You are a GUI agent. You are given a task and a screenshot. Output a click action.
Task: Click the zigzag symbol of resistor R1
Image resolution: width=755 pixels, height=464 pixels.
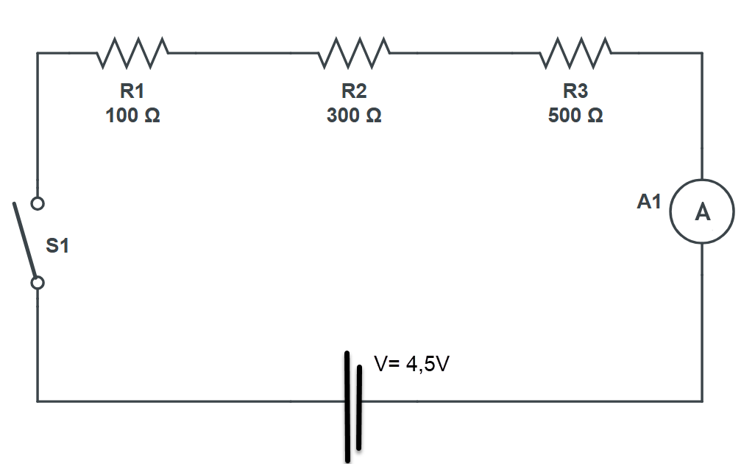pyautogui.click(x=133, y=53)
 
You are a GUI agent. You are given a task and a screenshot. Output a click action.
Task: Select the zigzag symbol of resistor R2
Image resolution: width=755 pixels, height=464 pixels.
pyautogui.click(x=354, y=53)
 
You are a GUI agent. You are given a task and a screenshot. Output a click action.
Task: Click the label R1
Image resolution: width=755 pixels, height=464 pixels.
pyautogui.click(x=132, y=91)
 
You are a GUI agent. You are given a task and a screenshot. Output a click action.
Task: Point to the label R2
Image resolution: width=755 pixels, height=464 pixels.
pyautogui.click(x=354, y=91)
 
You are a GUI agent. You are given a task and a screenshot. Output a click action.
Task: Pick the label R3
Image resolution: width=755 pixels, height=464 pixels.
pyautogui.click(x=575, y=91)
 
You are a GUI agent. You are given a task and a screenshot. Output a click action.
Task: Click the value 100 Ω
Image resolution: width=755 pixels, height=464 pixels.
pyautogui.click(x=132, y=116)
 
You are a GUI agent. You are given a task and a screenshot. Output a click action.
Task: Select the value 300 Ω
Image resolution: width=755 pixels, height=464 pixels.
pyautogui.click(x=354, y=116)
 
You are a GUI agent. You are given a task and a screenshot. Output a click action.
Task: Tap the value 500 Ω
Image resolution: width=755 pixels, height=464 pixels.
pyautogui.click(x=575, y=116)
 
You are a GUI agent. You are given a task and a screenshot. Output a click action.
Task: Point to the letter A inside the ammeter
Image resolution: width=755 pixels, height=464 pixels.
pyautogui.click(x=702, y=213)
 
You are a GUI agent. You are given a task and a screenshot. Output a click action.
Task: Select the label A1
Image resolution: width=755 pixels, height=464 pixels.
pyautogui.click(x=649, y=202)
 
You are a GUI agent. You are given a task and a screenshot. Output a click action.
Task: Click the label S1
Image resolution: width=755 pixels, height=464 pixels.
pyautogui.click(x=57, y=246)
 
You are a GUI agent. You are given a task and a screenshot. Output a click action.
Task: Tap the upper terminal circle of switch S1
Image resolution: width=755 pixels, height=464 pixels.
pyautogui.click(x=38, y=203)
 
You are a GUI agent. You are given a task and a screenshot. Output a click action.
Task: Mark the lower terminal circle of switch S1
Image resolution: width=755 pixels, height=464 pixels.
pyautogui.click(x=38, y=282)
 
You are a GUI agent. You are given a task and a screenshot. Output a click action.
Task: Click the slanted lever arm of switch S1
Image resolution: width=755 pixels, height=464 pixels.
pyautogui.click(x=25, y=239)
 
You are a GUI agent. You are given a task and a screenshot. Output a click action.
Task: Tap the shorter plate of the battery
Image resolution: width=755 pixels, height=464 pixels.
pyautogui.click(x=359, y=407)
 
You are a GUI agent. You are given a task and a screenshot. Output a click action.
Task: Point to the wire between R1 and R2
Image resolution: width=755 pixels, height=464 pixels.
pyautogui.click(x=243, y=53)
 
